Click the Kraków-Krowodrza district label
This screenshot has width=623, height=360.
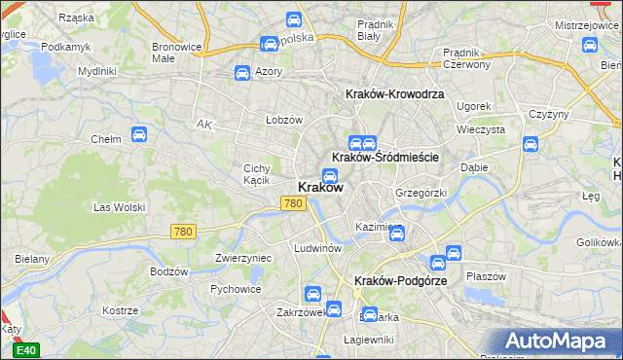point(395,93)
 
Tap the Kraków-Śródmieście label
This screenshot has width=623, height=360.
point(386,157)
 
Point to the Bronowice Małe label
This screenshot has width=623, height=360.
point(176,52)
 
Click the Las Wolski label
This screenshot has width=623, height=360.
point(118,207)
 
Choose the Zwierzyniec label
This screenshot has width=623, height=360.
point(242,258)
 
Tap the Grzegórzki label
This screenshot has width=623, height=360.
point(421,193)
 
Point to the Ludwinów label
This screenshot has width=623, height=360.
point(317,248)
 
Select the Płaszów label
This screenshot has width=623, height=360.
point(486,275)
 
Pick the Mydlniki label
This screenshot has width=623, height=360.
point(97,71)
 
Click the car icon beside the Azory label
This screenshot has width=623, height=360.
point(242,72)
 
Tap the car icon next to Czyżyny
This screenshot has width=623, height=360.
point(531,144)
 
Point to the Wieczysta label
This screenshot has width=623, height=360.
point(480,128)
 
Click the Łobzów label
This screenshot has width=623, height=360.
point(285,120)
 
